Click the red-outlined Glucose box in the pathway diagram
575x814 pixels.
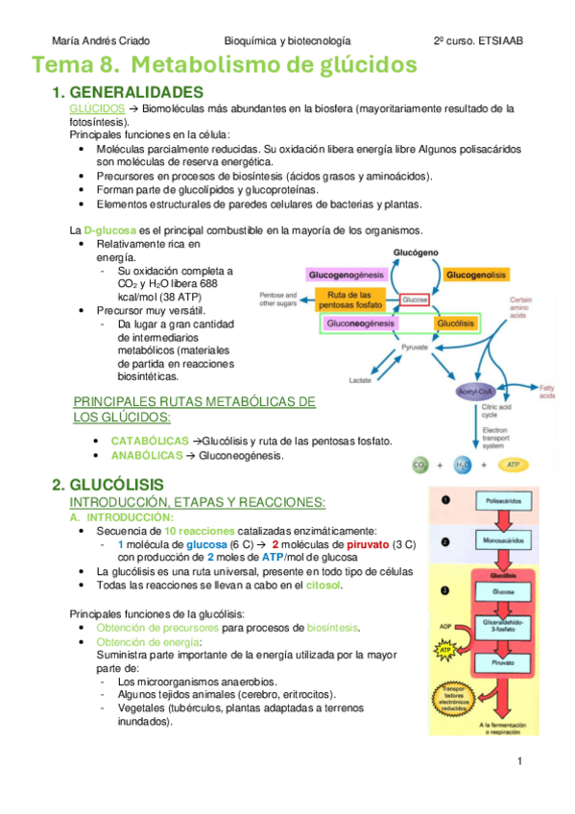point(416,299)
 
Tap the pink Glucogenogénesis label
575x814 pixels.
point(345,275)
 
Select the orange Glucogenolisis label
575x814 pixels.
point(478,275)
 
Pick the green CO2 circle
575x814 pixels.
point(419,466)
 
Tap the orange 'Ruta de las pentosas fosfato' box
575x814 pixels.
point(349,299)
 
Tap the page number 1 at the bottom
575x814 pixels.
point(518,761)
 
